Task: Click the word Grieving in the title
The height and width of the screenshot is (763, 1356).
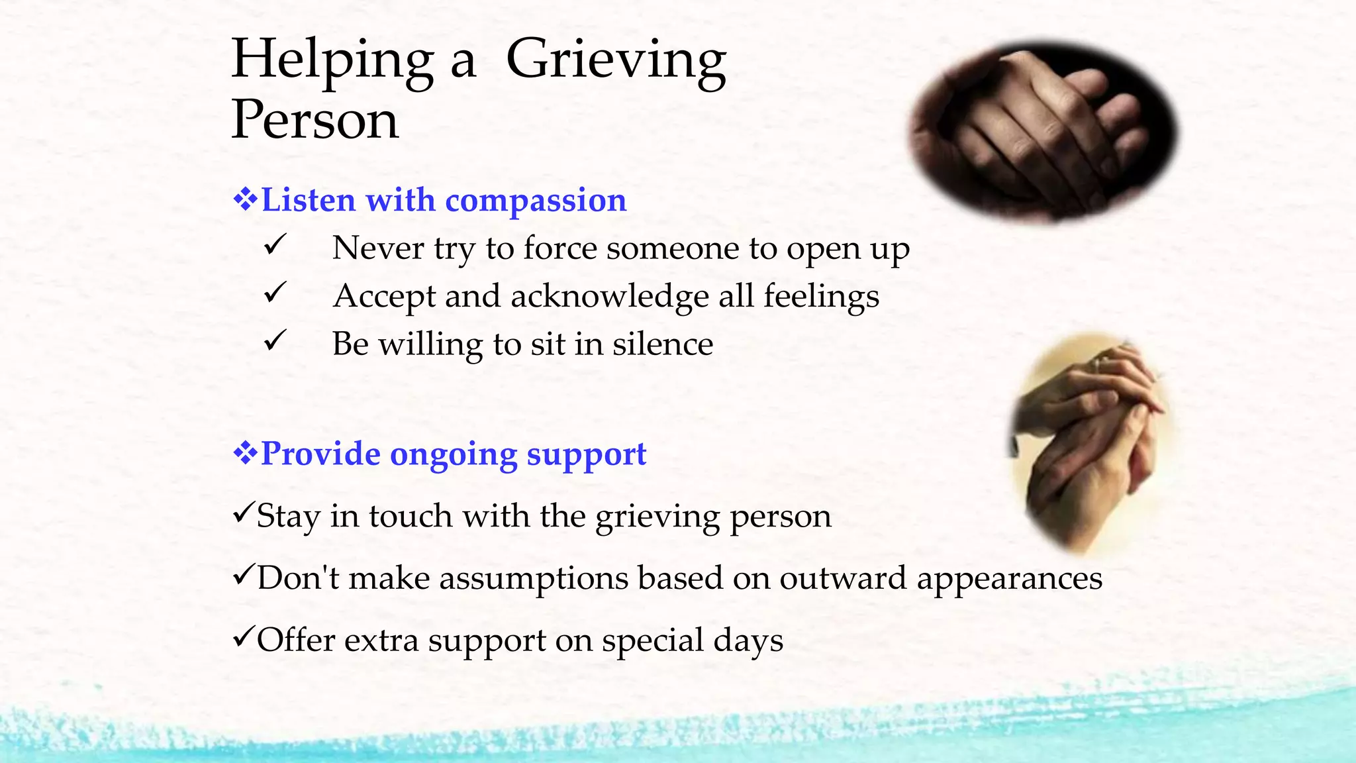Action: [616, 61]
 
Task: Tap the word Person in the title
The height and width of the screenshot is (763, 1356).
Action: [315, 120]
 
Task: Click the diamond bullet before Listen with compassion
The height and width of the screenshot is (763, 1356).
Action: [245, 199]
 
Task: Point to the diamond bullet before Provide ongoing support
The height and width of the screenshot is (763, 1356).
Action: [245, 454]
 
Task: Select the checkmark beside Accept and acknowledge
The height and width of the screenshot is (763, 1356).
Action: [274, 293]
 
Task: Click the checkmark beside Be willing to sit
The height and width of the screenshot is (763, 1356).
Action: [274, 341]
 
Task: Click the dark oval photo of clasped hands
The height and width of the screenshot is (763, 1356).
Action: [1043, 129]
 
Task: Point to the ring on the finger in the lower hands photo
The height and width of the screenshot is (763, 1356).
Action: [1100, 362]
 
